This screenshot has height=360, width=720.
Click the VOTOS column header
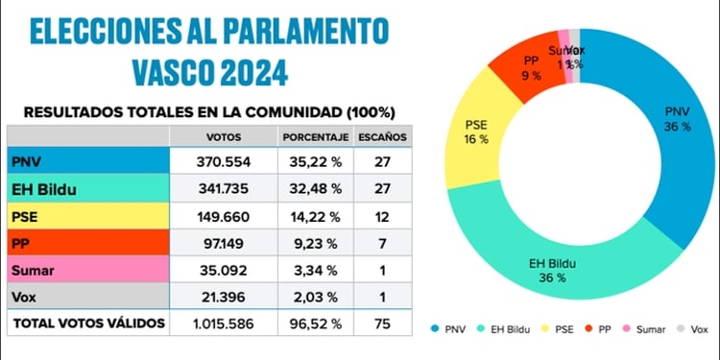(224, 136)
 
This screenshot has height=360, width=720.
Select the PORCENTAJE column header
(313, 136)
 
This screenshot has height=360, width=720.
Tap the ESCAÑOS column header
(382, 136)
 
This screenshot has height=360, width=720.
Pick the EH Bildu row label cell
(87, 189)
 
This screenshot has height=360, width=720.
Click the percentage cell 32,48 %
(313, 189)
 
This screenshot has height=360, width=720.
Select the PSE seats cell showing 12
(382, 216)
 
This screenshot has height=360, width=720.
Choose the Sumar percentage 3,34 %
(313, 271)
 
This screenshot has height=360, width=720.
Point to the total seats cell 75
(382, 324)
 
